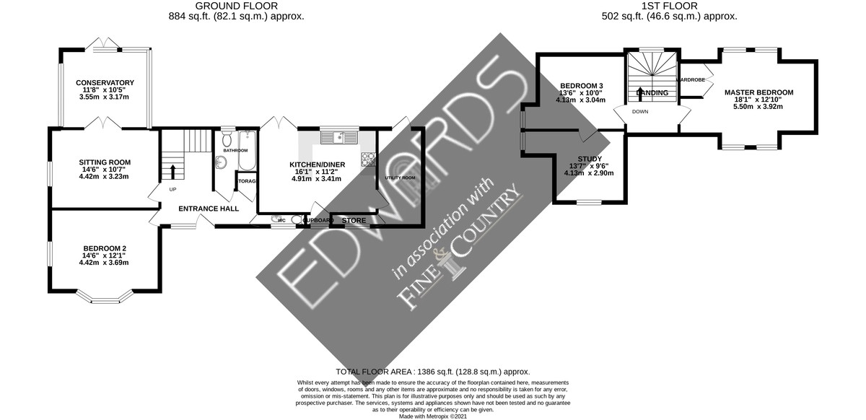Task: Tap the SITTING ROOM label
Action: coord(105,162)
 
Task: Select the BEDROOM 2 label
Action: coord(105,247)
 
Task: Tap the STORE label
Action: coord(354,220)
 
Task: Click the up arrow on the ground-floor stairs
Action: coord(172,171)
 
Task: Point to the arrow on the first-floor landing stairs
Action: coord(641,92)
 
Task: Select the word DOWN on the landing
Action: coord(641,112)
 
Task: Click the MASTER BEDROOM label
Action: coord(758,92)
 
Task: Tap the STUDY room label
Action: coord(590,158)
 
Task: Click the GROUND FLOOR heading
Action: coord(236,6)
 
